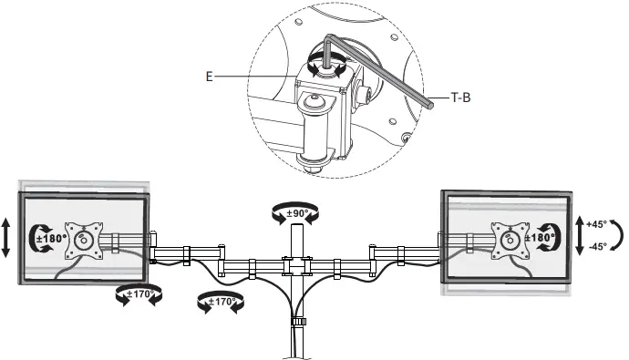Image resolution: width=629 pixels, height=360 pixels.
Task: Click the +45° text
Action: [596, 223]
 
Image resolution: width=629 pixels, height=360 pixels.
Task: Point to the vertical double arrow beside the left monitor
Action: [8, 240]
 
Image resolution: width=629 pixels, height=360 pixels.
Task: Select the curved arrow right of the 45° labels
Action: [616, 234]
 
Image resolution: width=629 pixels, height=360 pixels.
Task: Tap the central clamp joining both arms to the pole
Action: [295, 266]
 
